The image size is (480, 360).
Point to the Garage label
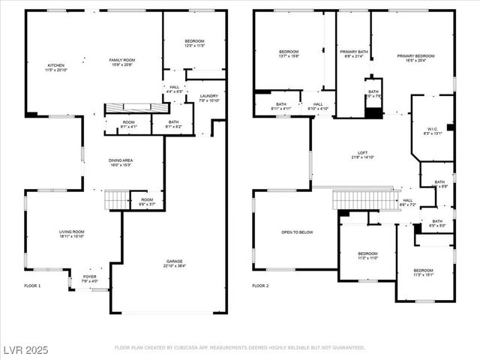coord(174,263)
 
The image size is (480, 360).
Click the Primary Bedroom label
coord(415,57)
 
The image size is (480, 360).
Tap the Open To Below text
coord(297,232)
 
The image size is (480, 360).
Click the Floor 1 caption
coord(32,286)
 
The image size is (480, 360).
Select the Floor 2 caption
coord(260,286)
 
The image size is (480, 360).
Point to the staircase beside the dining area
coord(117,199)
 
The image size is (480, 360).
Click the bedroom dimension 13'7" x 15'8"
coord(289,56)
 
